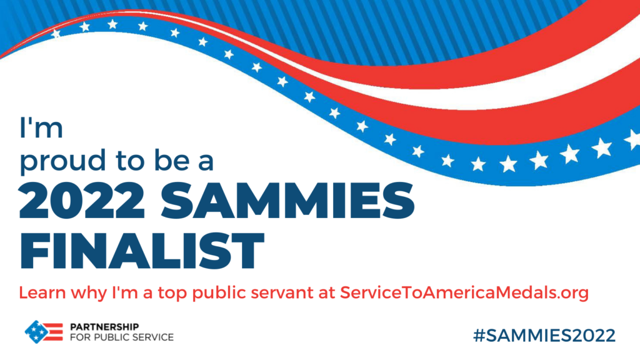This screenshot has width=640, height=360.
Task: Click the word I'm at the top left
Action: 41,127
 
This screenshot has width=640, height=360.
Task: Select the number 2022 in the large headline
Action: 82,201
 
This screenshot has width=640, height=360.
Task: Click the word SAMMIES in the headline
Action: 287,201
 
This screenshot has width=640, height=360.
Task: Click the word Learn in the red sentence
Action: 42,292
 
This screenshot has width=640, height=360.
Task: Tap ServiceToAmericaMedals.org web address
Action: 464,293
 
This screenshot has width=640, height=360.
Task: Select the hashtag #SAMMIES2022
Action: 544,336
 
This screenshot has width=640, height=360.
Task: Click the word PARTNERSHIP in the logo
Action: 104,327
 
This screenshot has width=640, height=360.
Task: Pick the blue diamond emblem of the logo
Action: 36,332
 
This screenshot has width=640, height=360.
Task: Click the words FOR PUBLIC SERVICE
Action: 122,337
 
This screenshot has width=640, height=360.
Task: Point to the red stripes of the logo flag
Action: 54,332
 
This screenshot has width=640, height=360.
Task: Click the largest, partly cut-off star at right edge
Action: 632,139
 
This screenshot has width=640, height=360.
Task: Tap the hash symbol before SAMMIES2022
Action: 479,336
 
